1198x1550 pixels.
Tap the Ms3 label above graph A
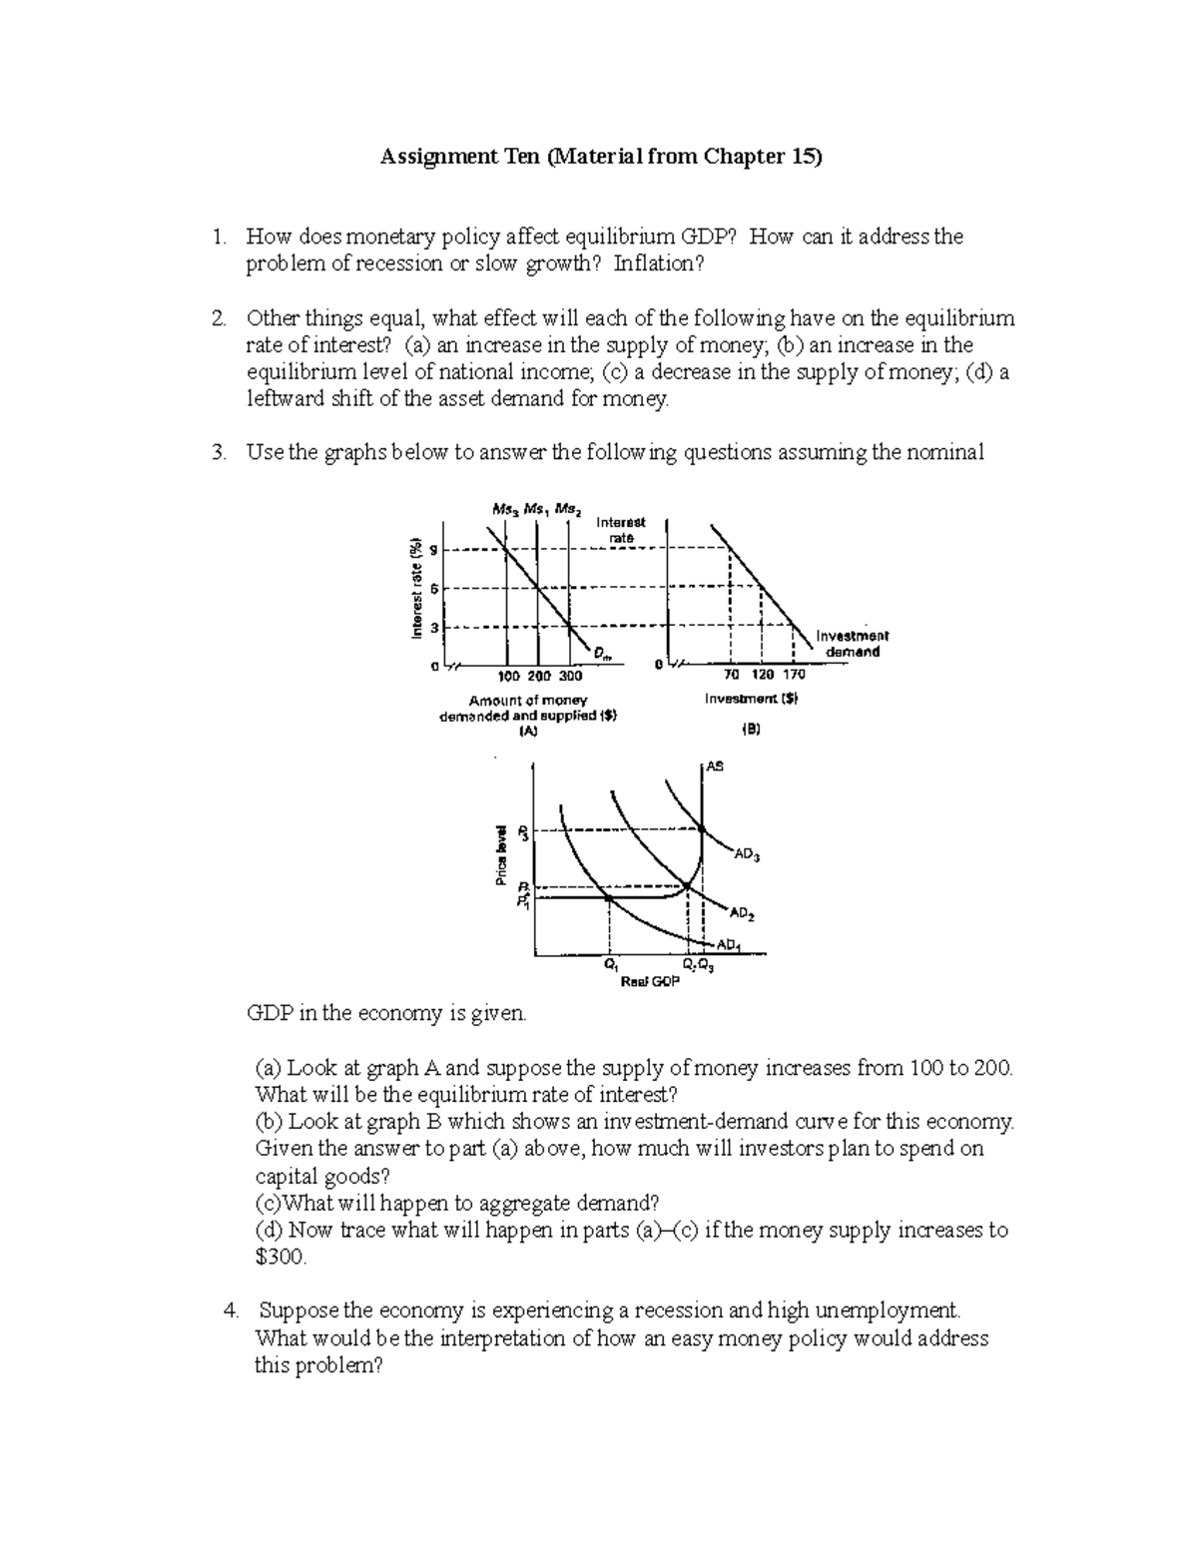tap(504, 509)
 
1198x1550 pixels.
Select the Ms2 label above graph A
tap(569, 509)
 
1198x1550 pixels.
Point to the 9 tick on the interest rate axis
tap(432, 549)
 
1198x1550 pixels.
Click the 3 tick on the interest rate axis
tap(432, 628)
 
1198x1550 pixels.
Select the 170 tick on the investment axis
tap(794, 675)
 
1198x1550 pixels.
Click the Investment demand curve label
tap(852, 644)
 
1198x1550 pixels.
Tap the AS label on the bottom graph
tap(715, 767)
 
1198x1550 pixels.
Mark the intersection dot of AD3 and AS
tap(702, 828)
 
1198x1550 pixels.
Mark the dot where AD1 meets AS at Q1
tap(609, 897)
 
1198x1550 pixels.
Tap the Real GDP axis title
tap(649, 983)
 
